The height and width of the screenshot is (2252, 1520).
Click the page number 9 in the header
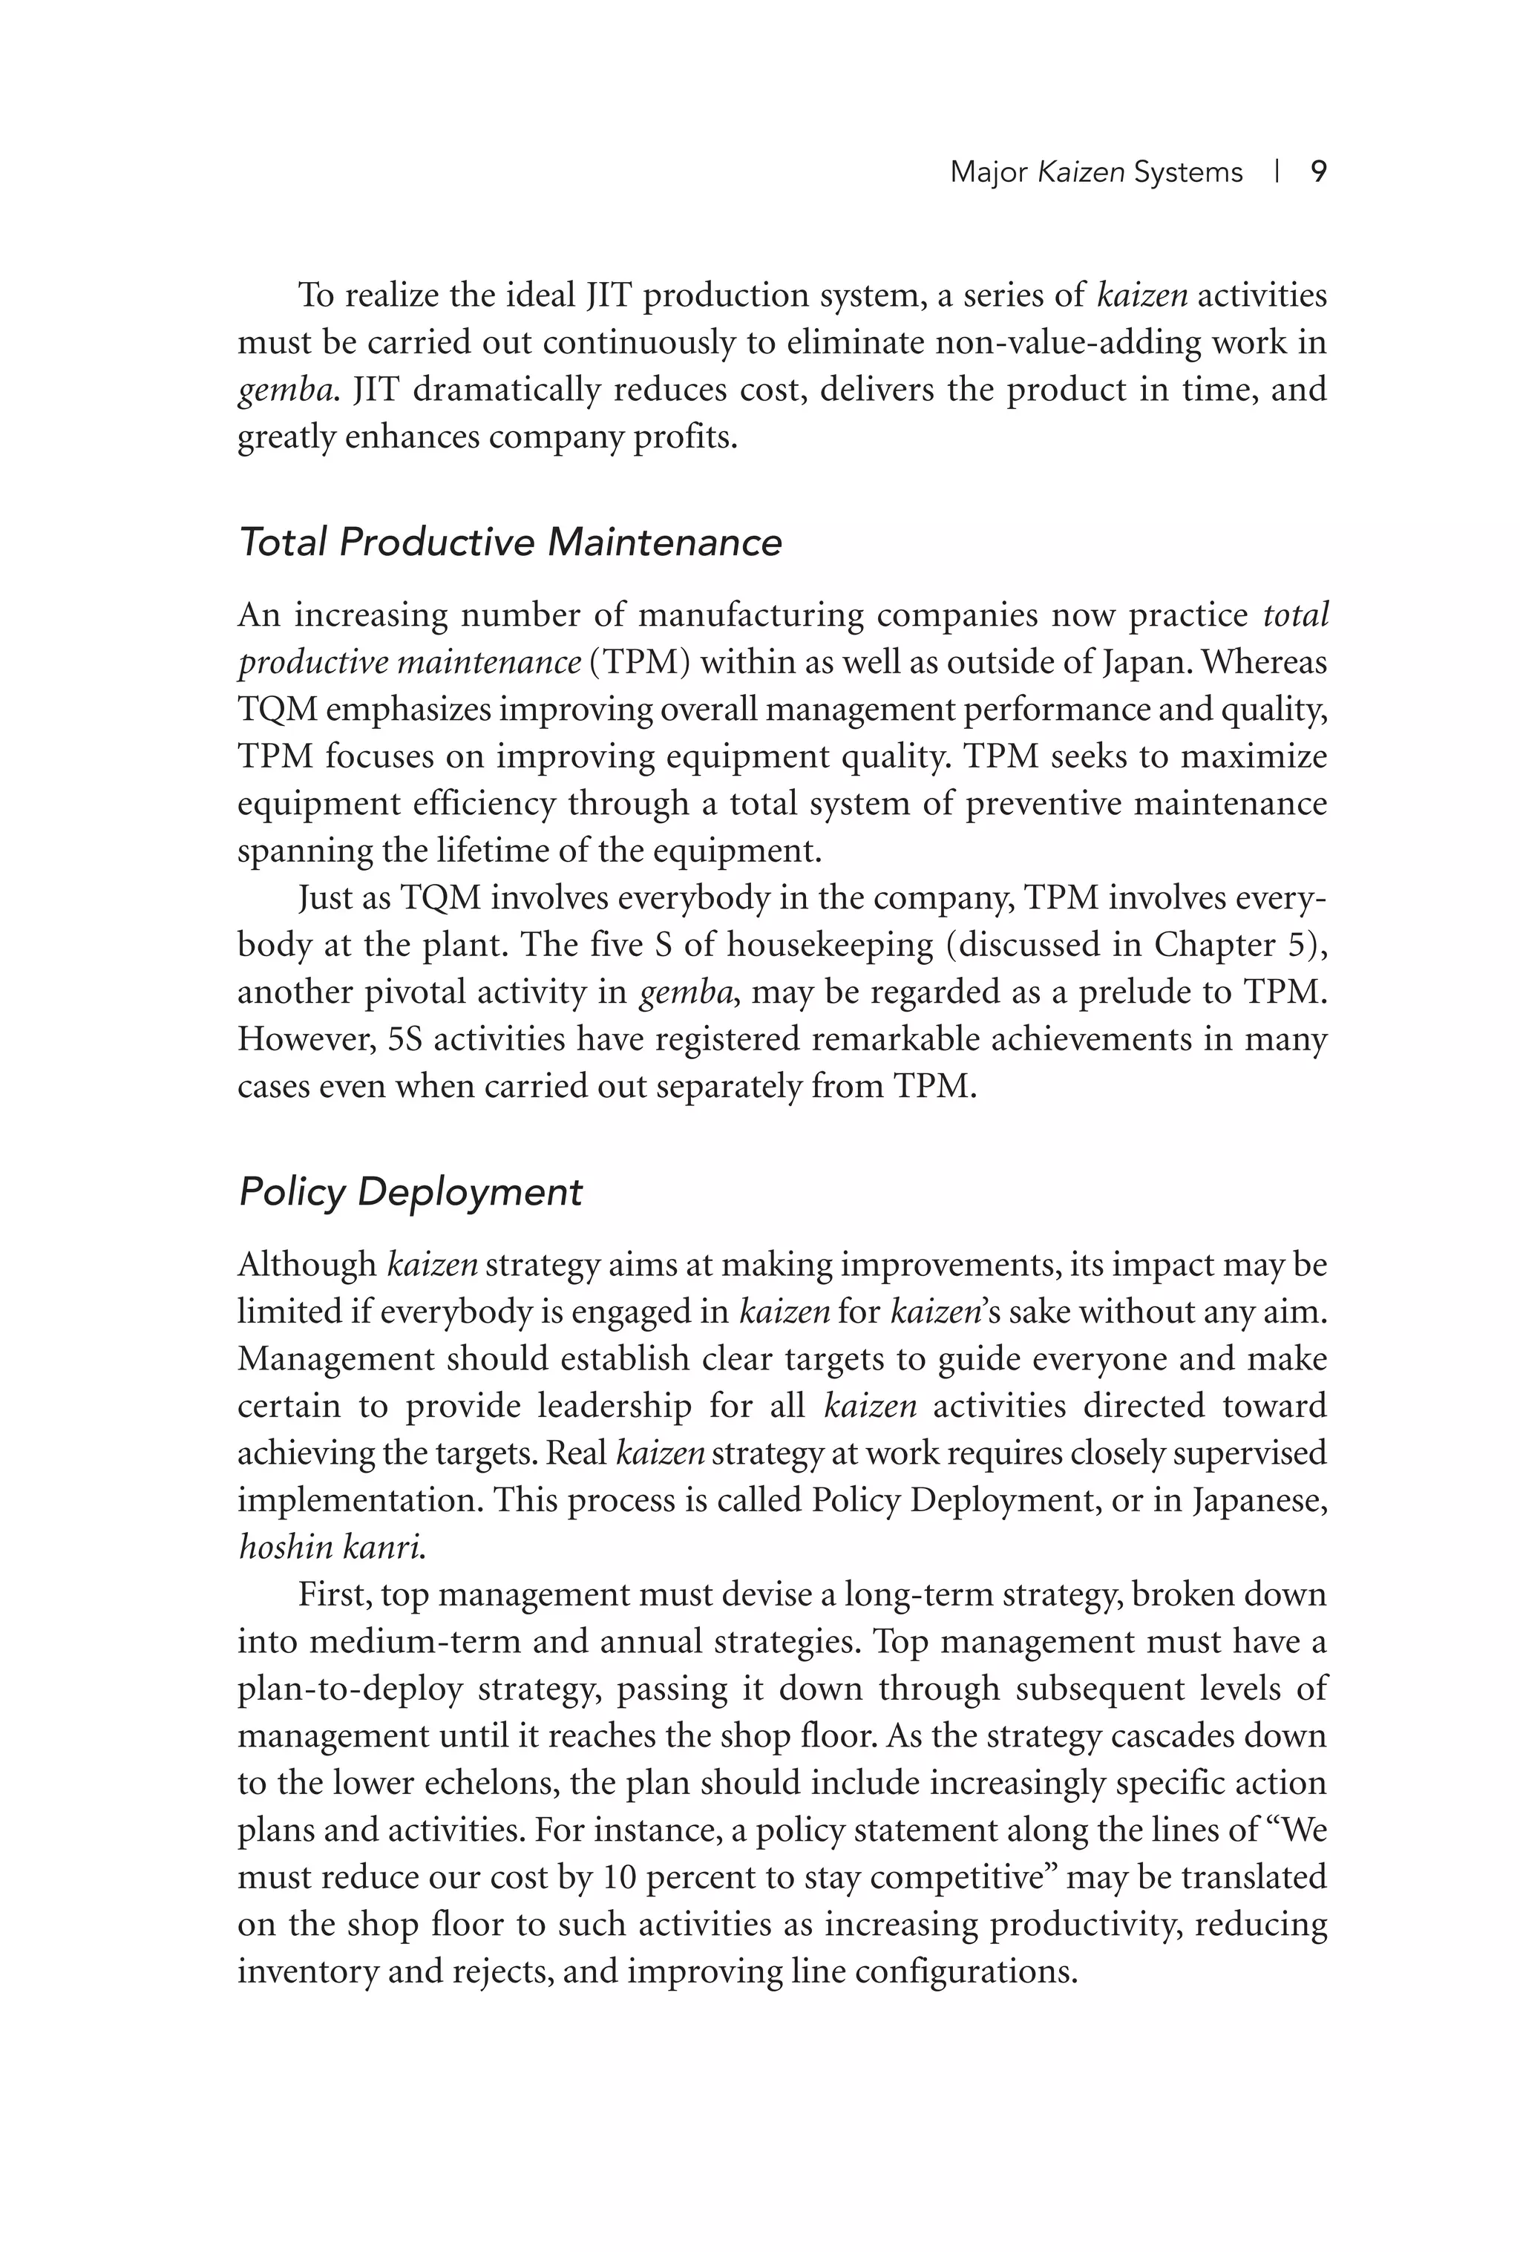point(1317,172)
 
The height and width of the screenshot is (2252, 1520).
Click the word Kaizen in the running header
point(1080,172)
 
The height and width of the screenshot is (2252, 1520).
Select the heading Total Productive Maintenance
point(510,542)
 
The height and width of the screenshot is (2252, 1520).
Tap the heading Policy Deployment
point(410,1191)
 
